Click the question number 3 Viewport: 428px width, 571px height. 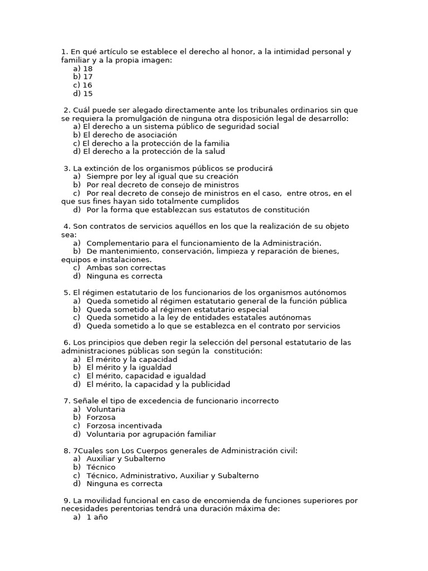[67, 168]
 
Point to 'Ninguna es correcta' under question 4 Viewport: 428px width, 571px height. [125, 276]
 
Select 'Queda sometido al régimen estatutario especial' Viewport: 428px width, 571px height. [177, 309]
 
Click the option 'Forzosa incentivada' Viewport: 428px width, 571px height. [124, 426]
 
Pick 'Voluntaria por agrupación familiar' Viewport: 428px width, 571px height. [151, 434]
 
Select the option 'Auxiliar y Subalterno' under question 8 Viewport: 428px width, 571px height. [126, 459]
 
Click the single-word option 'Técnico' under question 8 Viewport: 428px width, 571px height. [101, 467]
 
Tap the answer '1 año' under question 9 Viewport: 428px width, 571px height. [97, 517]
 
